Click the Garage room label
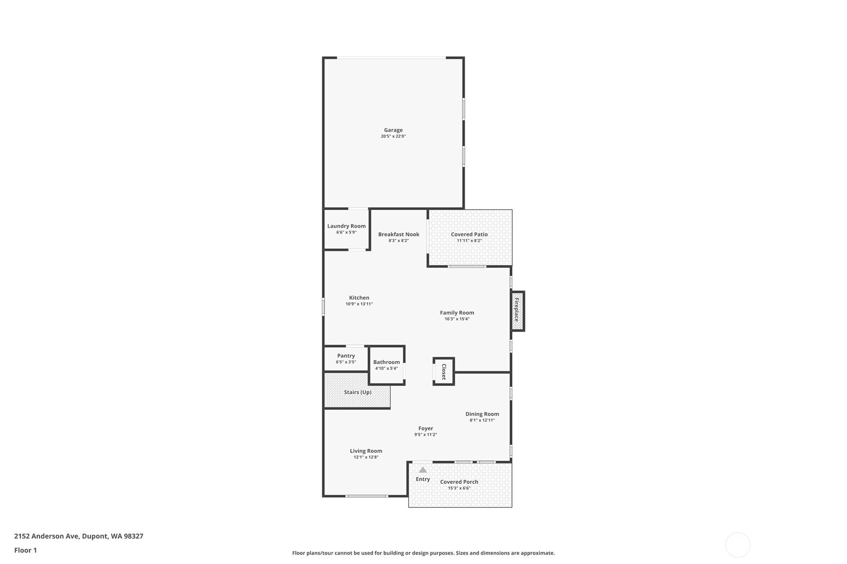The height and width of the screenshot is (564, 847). [x=393, y=130]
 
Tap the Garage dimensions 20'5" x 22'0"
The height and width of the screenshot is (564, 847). [x=393, y=136]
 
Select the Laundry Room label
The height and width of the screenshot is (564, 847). [x=346, y=226]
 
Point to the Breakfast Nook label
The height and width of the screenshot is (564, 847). [x=398, y=234]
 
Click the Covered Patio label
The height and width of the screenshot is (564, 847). [x=469, y=234]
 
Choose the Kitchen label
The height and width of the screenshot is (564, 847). [x=359, y=298]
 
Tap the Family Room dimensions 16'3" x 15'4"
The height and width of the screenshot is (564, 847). [x=457, y=319]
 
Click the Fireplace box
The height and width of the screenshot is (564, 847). [x=517, y=311]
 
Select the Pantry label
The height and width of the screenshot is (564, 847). [x=346, y=356]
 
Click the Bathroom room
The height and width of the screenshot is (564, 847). [x=386, y=366]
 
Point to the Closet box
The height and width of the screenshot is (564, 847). [x=444, y=372]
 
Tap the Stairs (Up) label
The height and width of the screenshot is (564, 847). [x=358, y=392]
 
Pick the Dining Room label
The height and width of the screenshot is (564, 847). [x=482, y=414]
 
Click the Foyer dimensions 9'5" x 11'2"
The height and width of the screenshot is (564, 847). [x=426, y=434]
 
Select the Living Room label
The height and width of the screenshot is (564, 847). [x=366, y=451]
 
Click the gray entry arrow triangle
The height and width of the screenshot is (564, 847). [x=423, y=470]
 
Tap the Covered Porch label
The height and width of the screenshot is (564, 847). [x=459, y=482]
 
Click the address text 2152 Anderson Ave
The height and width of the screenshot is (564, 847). [x=46, y=536]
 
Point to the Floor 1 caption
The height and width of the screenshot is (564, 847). [x=26, y=550]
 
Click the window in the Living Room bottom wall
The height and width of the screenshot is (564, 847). [x=367, y=496]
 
